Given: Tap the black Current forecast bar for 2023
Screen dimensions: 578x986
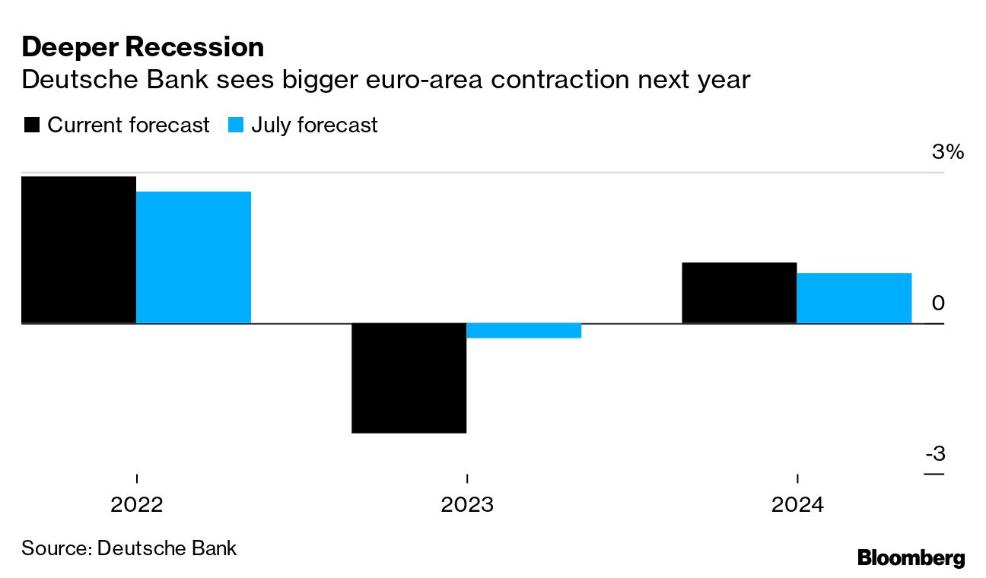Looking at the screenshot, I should coord(409,378).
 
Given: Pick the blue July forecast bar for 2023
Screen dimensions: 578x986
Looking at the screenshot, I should coord(523,330).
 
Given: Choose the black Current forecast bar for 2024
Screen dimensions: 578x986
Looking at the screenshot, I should coord(739,293).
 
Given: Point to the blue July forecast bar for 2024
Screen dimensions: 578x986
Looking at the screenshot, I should coord(854,298).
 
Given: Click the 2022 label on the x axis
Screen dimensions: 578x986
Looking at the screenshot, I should coord(136,505).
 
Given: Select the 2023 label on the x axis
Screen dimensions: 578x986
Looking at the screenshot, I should coord(466,505).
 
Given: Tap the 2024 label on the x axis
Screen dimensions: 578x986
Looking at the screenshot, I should coord(797,505).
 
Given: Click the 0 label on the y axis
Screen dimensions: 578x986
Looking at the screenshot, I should coord(937,303).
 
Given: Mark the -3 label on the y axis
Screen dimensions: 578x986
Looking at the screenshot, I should coord(935,454).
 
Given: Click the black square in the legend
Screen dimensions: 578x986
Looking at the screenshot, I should coord(31,125).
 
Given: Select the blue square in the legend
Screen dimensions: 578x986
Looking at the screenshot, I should coord(236,125).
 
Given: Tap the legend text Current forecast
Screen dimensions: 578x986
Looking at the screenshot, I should coord(128,125).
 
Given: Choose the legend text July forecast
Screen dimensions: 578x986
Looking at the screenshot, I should coord(314,125).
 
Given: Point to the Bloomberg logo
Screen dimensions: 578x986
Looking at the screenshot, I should coord(911,557).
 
